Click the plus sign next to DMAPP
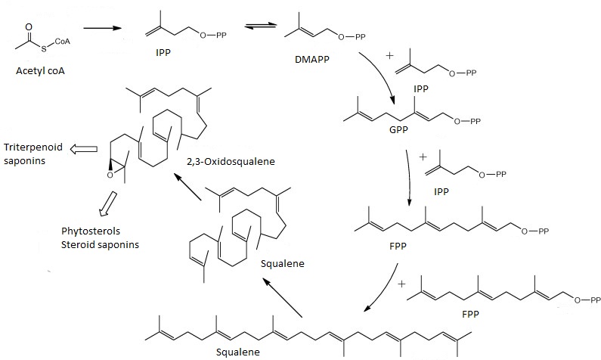click(390, 55)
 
